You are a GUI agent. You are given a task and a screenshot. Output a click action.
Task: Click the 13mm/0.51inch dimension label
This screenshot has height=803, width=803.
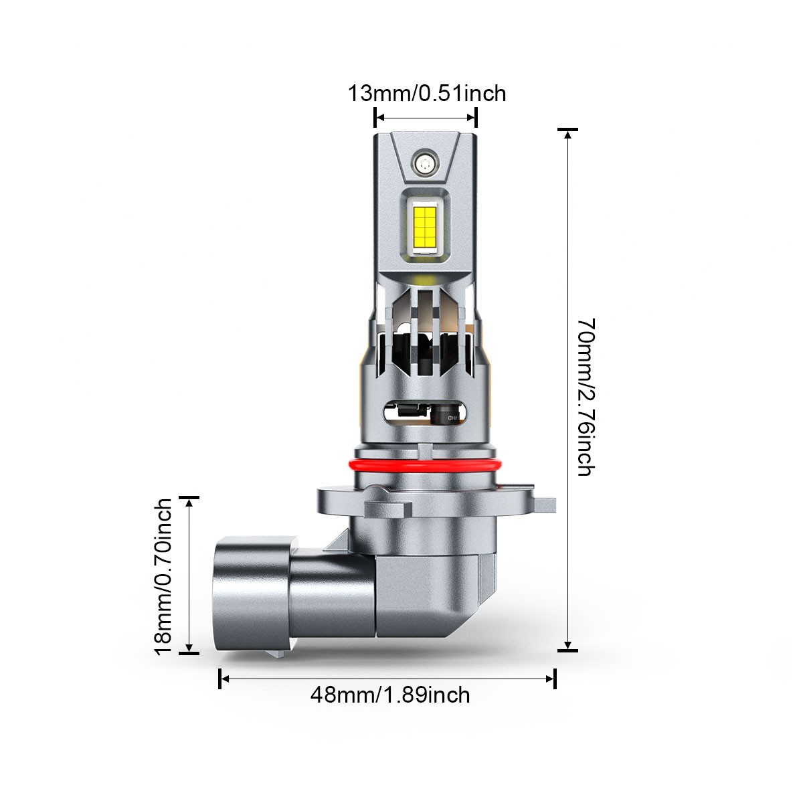(427, 93)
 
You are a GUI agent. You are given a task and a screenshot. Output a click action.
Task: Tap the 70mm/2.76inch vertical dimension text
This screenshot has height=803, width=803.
(586, 397)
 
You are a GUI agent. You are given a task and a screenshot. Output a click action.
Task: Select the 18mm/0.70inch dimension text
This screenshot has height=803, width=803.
(163, 577)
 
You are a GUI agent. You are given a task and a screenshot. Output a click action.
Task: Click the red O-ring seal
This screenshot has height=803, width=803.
(426, 465)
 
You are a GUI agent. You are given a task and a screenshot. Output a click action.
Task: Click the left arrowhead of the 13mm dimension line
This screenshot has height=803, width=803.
(379, 118)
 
